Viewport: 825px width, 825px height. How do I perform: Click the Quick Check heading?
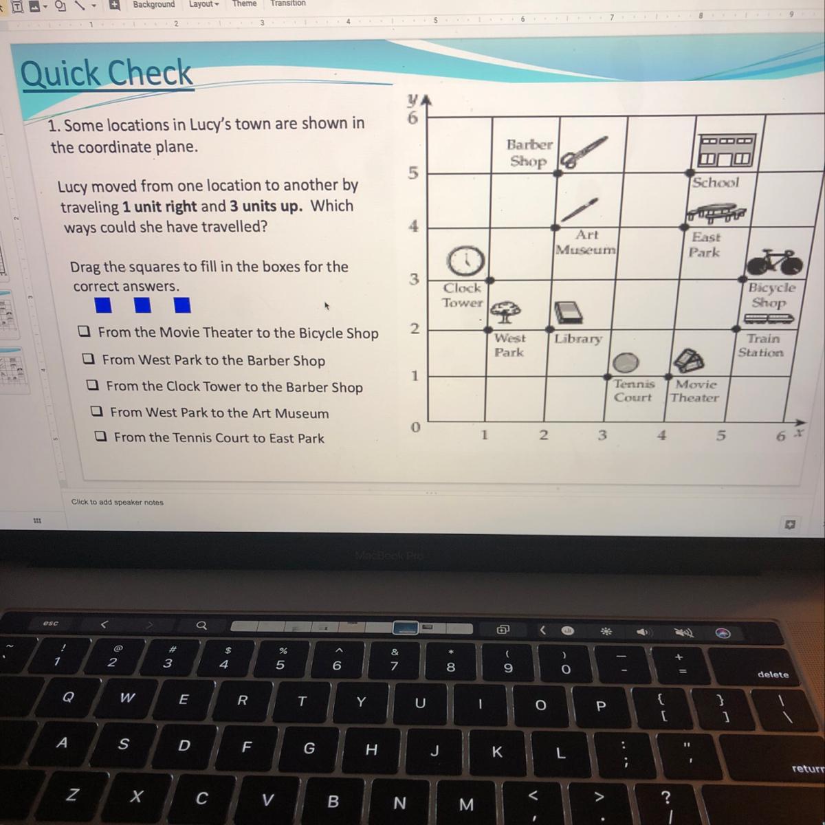coord(107,73)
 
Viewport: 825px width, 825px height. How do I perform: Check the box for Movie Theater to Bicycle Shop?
coord(84,331)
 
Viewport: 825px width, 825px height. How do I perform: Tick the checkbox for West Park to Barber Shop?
coord(88,358)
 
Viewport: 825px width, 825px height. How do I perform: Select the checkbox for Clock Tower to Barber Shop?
coord(93,385)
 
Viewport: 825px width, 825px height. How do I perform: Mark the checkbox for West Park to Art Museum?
coord(97,411)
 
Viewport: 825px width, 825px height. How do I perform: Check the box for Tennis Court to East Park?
coord(100,437)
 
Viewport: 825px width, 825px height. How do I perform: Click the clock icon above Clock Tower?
coord(465,261)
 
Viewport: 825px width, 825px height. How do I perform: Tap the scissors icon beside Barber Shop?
coord(584,152)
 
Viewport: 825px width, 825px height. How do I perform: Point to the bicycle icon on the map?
coord(775,262)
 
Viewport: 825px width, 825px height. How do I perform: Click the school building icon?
coord(727,151)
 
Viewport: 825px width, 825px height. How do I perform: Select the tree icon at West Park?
coord(505,311)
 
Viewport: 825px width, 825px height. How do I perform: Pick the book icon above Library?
coord(569,312)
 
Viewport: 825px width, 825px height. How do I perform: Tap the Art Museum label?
coord(586,242)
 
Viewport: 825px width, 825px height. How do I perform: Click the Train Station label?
coord(761,345)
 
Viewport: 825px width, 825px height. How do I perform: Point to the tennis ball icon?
coord(626,362)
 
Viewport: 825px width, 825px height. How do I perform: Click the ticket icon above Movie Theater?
coord(688,360)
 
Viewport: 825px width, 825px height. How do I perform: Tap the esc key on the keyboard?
coord(50,623)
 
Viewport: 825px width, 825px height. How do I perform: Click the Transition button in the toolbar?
coord(288,3)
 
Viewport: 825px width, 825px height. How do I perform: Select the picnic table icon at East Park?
coord(716,212)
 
